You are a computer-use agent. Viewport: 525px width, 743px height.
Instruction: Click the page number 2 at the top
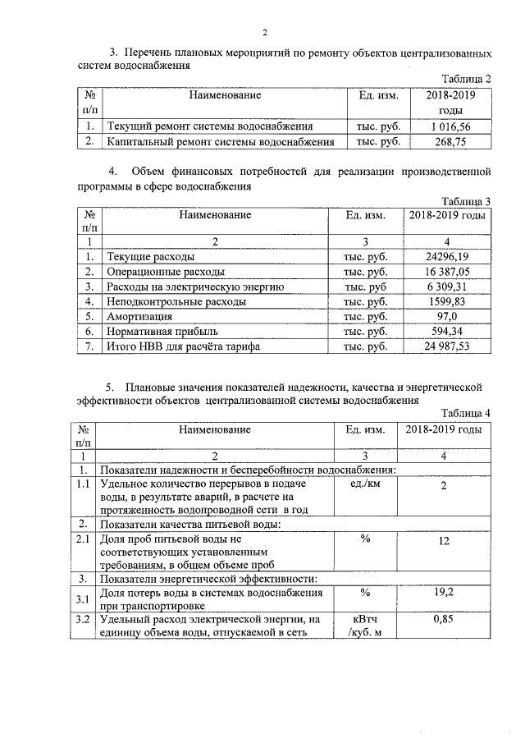[x=265, y=33]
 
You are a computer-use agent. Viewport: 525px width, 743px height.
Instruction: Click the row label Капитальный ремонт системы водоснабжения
[x=221, y=142]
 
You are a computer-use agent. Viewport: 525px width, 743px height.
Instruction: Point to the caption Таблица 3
[x=465, y=201]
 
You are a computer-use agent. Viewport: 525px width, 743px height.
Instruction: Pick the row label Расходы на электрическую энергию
[x=195, y=287]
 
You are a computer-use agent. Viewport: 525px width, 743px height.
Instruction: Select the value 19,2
[x=444, y=591]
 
